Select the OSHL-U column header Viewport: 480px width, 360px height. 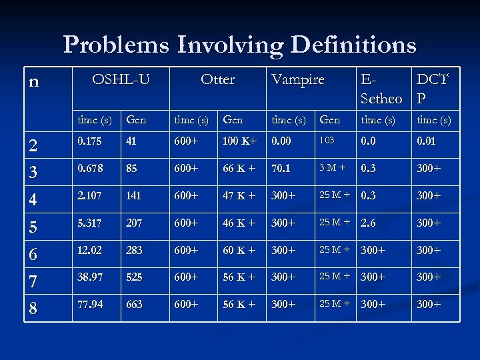pos(121,79)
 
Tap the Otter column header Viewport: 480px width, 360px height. pos(218,79)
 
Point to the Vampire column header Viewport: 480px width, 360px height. pos(298,79)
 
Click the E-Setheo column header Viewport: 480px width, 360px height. pos(381,89)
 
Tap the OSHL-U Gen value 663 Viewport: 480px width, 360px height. pos(134,303)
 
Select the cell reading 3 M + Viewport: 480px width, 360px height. pos(333,168)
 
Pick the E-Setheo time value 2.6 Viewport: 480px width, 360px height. pos(371,223)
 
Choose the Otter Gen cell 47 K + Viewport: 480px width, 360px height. pos(239,196)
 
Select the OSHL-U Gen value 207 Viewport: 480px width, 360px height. pos(134,223)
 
